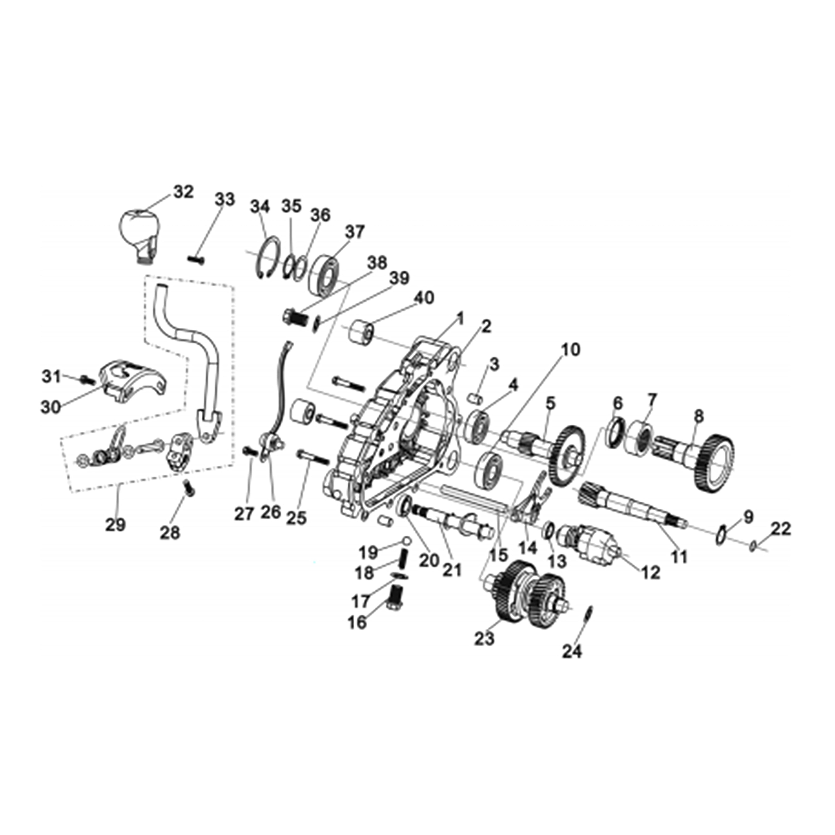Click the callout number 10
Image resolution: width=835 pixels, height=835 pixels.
[571, 350]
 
